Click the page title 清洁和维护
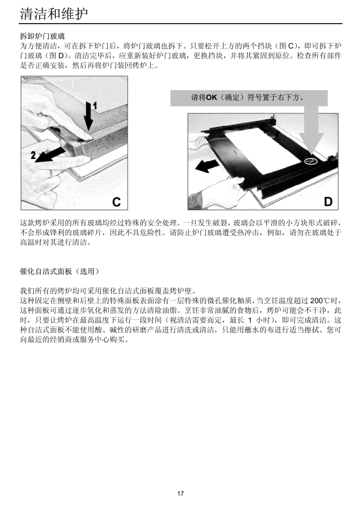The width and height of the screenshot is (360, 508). pyautogui.click(x=54, y=14)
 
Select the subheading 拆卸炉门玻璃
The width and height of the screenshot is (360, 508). pyautogui.click(x=42, y=36)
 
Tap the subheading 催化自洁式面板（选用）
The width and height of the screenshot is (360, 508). pyautogui.click(x=59, y=272)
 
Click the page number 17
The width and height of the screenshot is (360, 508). pyautogui.click(x=181, y=493)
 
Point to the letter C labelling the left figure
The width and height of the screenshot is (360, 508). pyautogui.click(x=116, y=202)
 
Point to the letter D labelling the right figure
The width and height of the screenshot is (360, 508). pyautogui.click(x=328, y=202)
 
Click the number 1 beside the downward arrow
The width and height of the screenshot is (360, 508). pyautogui.click(x=95, y=106)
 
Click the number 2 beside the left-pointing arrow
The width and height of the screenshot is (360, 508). pyautogui.click(x=33, y=155)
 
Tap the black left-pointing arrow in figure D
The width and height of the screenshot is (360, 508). pyautogui.click(x=208, y=166)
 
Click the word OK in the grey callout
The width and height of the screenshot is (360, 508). pyautogui.click(x=212, y=97)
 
